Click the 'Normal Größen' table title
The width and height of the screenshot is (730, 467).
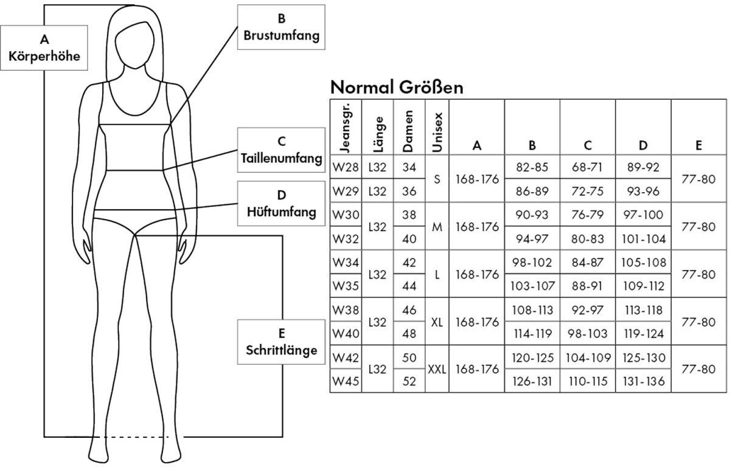[x=397, y=87]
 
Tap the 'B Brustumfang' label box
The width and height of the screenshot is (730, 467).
[x=281, y=28]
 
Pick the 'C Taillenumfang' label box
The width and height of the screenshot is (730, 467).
[x=281, y=150]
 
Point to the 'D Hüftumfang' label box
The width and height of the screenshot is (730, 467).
[x=281, y=204]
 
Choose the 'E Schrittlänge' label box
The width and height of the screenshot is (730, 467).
[x=281, y=342]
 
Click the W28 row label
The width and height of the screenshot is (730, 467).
[x=345, y=166]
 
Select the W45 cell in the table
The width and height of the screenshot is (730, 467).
[x=345, y=382]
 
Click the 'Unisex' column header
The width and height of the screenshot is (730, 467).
[x=437, y=127]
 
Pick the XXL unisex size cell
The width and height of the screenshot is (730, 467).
[x=437, y=370]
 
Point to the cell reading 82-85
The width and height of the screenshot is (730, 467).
[x=532, y=166]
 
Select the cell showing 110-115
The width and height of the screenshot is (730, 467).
[x=588, y=382]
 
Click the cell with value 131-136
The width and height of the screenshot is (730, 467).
[x=644, y=382]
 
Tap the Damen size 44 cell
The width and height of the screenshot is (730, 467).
[x=409, y=286]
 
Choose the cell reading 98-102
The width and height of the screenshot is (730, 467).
[x=532, y=262]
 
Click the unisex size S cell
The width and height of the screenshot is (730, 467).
[x=437, y=178]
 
